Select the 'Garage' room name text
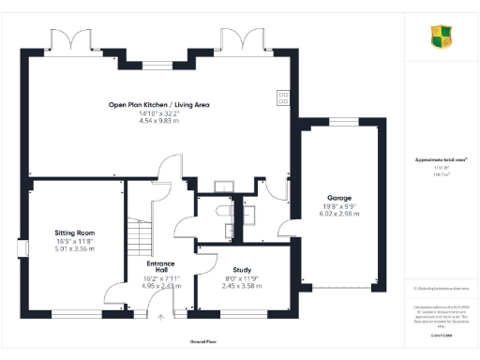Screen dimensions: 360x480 pyautogui.click(x=338, y=199)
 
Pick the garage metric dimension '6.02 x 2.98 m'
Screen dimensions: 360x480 pyautogui.click(x=338, y=215)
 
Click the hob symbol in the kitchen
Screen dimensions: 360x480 pyautogui.click(x=282, y=96)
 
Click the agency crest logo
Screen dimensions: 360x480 pyautogui.click(x=439, y=37)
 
